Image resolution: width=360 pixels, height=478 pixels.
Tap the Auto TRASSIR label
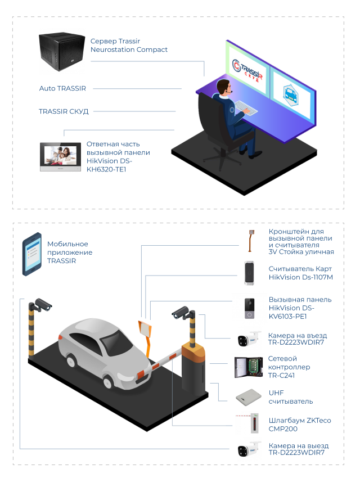62,89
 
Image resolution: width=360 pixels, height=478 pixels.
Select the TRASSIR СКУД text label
64,111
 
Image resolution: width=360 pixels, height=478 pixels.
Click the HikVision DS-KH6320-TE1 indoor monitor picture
59,157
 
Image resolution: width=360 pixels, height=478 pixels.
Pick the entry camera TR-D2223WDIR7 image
249,340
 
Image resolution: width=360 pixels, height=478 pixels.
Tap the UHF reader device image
249,396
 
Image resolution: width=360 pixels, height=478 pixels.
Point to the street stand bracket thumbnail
246,242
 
